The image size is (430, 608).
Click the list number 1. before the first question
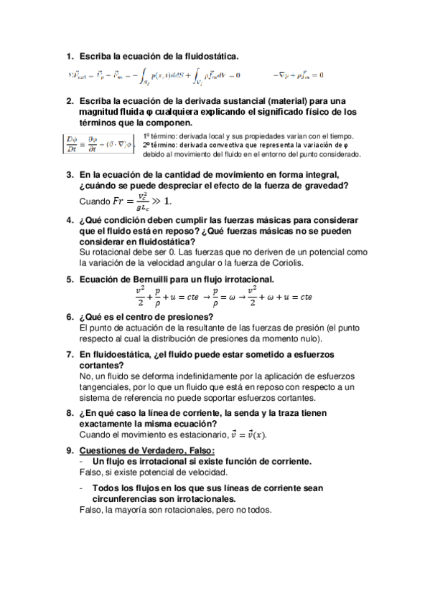pos(70,56)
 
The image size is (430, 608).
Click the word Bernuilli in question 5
pos(149,280)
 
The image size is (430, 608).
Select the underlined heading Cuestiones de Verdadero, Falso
pos(147,450)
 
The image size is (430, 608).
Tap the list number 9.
pos(70,450)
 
